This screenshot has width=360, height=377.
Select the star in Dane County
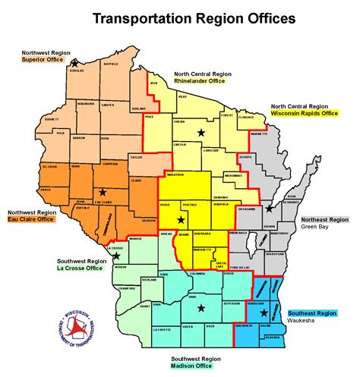point(201,309)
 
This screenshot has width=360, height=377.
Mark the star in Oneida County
point(201,133)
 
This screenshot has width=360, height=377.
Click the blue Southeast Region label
point(312,313)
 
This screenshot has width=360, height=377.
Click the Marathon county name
point(172,176)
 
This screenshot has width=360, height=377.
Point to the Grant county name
point(144,306)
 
